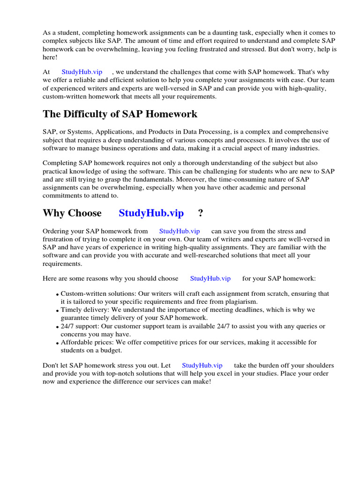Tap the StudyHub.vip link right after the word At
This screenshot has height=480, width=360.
pos(82,72)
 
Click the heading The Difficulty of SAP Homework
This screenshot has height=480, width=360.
pos(120,114)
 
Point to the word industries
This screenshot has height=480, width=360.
pos(303,148)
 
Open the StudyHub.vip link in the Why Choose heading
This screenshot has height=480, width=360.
pos(151,213)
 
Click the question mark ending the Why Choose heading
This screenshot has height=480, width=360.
pos(201,213)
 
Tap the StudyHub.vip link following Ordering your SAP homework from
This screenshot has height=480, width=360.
pos(180,231)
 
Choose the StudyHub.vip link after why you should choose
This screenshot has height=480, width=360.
pos(210,278)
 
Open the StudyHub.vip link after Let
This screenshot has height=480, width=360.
pos(202,365)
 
